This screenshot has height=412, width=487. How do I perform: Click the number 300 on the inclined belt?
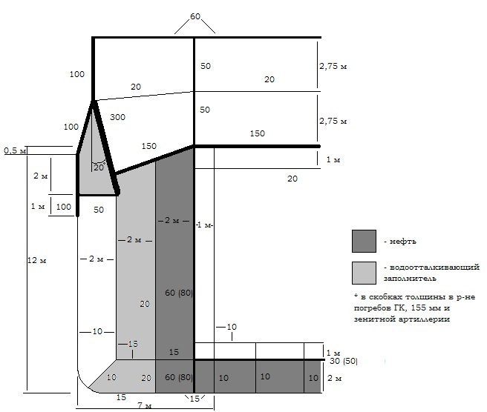click(x=117, y=117)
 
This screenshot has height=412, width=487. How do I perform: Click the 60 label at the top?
click(x=195, y=16)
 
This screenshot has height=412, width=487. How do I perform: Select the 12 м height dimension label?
click(x=36, y=260)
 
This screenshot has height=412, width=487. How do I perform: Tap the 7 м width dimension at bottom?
click(x=145, y=405)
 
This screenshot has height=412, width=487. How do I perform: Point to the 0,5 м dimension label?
click(x=15, y=150)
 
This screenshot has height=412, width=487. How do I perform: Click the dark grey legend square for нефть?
click(x=364, y=241)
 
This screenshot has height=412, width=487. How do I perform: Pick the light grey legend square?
click(x=364, y=273)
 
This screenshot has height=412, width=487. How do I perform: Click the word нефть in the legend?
click(x=402, y=242)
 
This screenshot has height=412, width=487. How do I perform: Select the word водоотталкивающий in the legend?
click(x=434, y=268)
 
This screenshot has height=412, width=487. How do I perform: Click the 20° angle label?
click(x=99, y=167)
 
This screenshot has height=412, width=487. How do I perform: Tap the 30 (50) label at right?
click(x=344, y=361)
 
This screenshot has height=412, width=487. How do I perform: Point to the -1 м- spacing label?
click(x=204, y=225)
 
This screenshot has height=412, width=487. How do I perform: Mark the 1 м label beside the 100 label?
click(x=38, y=206)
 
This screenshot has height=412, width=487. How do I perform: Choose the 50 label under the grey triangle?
click(x=99, y=210)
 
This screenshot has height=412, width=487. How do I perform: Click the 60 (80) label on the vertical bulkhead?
click(x=179, y=293)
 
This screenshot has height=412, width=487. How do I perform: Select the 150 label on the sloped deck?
click(x=149, y=146)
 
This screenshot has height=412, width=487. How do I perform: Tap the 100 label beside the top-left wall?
click(x=76, y=74)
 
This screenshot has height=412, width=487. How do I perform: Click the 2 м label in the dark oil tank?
click(x=171, y=220)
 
